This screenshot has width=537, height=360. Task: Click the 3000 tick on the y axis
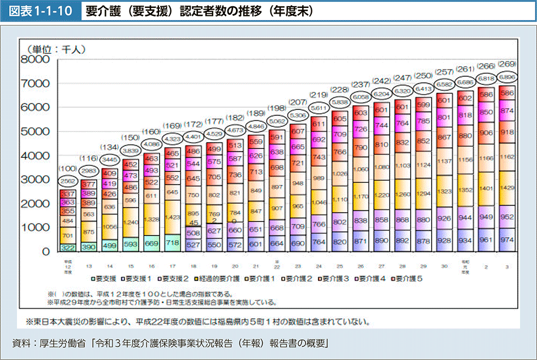35,179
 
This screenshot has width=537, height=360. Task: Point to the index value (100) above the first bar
69,168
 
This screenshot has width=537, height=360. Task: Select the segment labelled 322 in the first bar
69,247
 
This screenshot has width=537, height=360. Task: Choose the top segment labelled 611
319,123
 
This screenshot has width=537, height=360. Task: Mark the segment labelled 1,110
340,199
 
